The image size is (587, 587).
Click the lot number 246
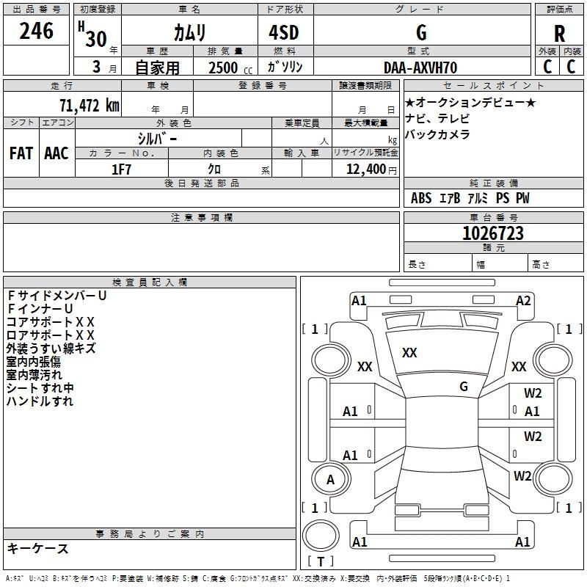37,31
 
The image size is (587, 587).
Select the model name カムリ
189,32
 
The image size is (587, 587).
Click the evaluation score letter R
559,33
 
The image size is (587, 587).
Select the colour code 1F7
121,169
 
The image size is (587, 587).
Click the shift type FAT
21,153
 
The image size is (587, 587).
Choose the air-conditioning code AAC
56,153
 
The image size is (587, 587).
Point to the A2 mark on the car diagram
523,300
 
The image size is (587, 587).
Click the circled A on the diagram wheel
330,480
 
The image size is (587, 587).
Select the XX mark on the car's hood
409,353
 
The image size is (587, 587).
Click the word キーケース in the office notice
38,548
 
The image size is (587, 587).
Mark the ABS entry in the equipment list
421,198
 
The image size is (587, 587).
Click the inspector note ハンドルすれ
40,401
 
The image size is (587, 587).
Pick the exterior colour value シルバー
157,138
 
